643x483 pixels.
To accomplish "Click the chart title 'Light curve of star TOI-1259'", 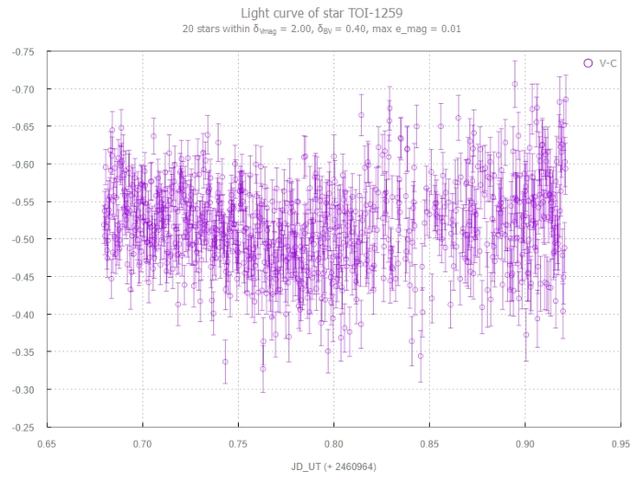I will click(321, 13).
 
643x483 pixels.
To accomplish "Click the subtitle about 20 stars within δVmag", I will click(321, 29).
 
